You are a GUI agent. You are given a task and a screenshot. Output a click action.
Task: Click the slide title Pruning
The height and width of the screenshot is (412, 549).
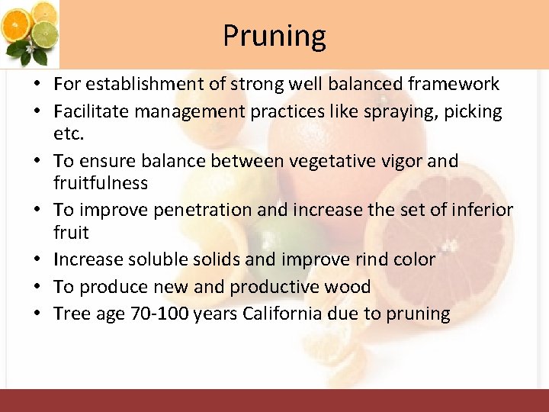[274, 35]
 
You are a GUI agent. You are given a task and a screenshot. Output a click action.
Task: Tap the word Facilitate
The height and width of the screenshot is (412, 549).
[91, 112]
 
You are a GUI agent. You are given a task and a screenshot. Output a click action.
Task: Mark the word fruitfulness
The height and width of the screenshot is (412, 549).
[101, 184]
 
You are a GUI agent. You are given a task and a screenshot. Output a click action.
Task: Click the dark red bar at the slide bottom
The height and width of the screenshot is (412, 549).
[274, 401]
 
